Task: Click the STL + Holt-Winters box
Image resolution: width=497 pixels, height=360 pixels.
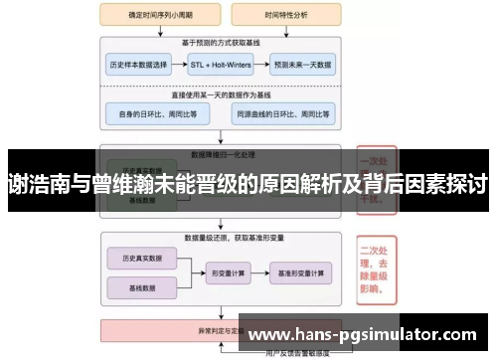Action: coord(221,64)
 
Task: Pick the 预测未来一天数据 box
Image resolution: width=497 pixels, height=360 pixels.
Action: coord(304,64)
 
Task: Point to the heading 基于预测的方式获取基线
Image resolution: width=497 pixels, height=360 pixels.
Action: coord(221,44)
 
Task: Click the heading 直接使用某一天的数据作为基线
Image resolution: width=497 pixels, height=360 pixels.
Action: coord(221,95)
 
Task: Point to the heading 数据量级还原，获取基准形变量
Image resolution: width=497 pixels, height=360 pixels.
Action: coord(221,239)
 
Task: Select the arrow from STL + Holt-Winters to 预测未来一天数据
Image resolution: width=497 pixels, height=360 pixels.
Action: coord(260,64)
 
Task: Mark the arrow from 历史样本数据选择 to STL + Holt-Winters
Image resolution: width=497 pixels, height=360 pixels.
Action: coord(179,64)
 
